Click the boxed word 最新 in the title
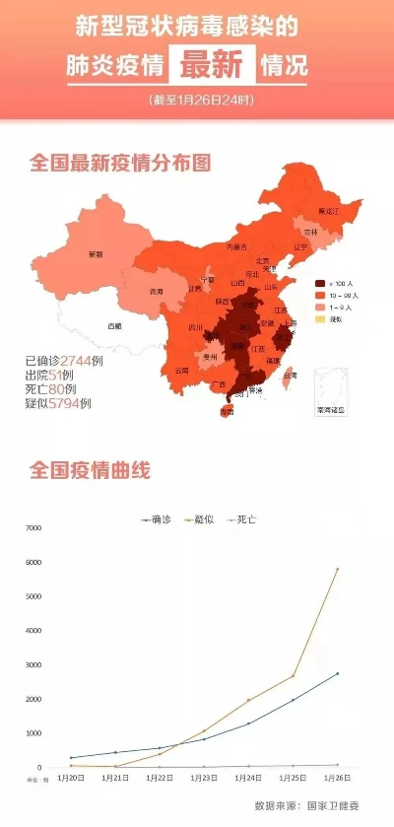[x=210, y=65]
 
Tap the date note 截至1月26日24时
[x=197, y=101]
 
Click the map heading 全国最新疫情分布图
[x=120, y=163]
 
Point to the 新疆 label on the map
[x=96, y=254]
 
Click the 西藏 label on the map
[x=115, y=325]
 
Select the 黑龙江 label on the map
[x=328, y=211]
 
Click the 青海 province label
[x=156, y=292]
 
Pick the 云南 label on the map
[x=181, y=371]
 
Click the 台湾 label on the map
[x=290, y=375]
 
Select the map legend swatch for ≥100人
[x=319, y=282]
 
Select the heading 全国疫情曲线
[x=90, y=470]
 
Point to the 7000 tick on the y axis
[x=33, y=528]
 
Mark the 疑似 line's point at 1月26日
[x=337, y=569]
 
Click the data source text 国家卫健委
[x=335, y=805]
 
